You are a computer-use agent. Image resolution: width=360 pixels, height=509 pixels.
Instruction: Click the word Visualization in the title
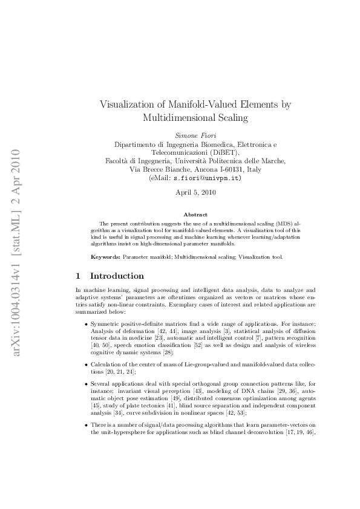coord(129,105)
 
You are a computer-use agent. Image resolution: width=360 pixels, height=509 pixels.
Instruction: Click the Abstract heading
coord(195,215)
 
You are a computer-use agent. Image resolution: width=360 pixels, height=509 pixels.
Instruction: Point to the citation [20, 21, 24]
coord(120,372)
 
